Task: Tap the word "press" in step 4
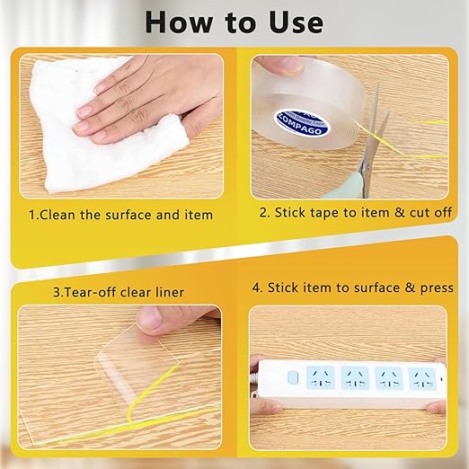tap(435, 288)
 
